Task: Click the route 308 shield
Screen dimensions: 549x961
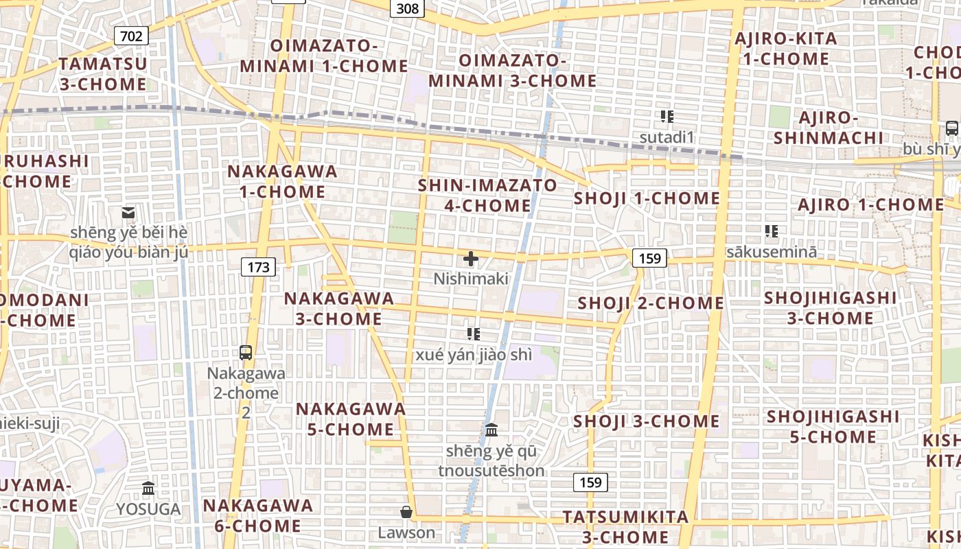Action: click(407, 8)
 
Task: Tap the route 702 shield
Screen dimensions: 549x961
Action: click(131, 36)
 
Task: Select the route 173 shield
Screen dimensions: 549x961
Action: click(258, 266)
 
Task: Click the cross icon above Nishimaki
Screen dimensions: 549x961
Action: click(471, 259)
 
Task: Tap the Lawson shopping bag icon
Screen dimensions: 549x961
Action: click(406, 512)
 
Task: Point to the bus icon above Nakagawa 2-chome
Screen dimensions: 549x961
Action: click(246, 353)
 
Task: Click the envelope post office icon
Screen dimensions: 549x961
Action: click(128, 213)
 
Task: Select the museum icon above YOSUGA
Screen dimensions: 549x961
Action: click(148, 489)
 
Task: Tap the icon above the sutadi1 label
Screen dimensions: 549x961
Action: click(667, 117)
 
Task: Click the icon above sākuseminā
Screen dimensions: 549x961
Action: click(772, 231)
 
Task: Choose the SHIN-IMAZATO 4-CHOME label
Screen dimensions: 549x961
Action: click(487, 196)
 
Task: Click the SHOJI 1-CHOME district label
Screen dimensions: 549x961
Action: click(647, 199)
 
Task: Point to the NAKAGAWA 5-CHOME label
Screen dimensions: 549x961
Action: click(351, 419)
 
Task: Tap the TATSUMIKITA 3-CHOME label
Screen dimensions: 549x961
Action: click(625, 526)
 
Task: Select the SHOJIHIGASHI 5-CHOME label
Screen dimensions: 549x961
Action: click(833, 427)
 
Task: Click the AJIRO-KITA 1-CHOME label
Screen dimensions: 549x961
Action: click(786, 49)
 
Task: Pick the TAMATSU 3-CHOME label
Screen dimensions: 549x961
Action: click(102, 74)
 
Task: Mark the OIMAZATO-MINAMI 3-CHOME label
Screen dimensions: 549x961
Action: click(513, 71)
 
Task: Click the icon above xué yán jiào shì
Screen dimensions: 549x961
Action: click(473, 334)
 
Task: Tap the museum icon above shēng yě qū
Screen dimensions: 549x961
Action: click(491, 430)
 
